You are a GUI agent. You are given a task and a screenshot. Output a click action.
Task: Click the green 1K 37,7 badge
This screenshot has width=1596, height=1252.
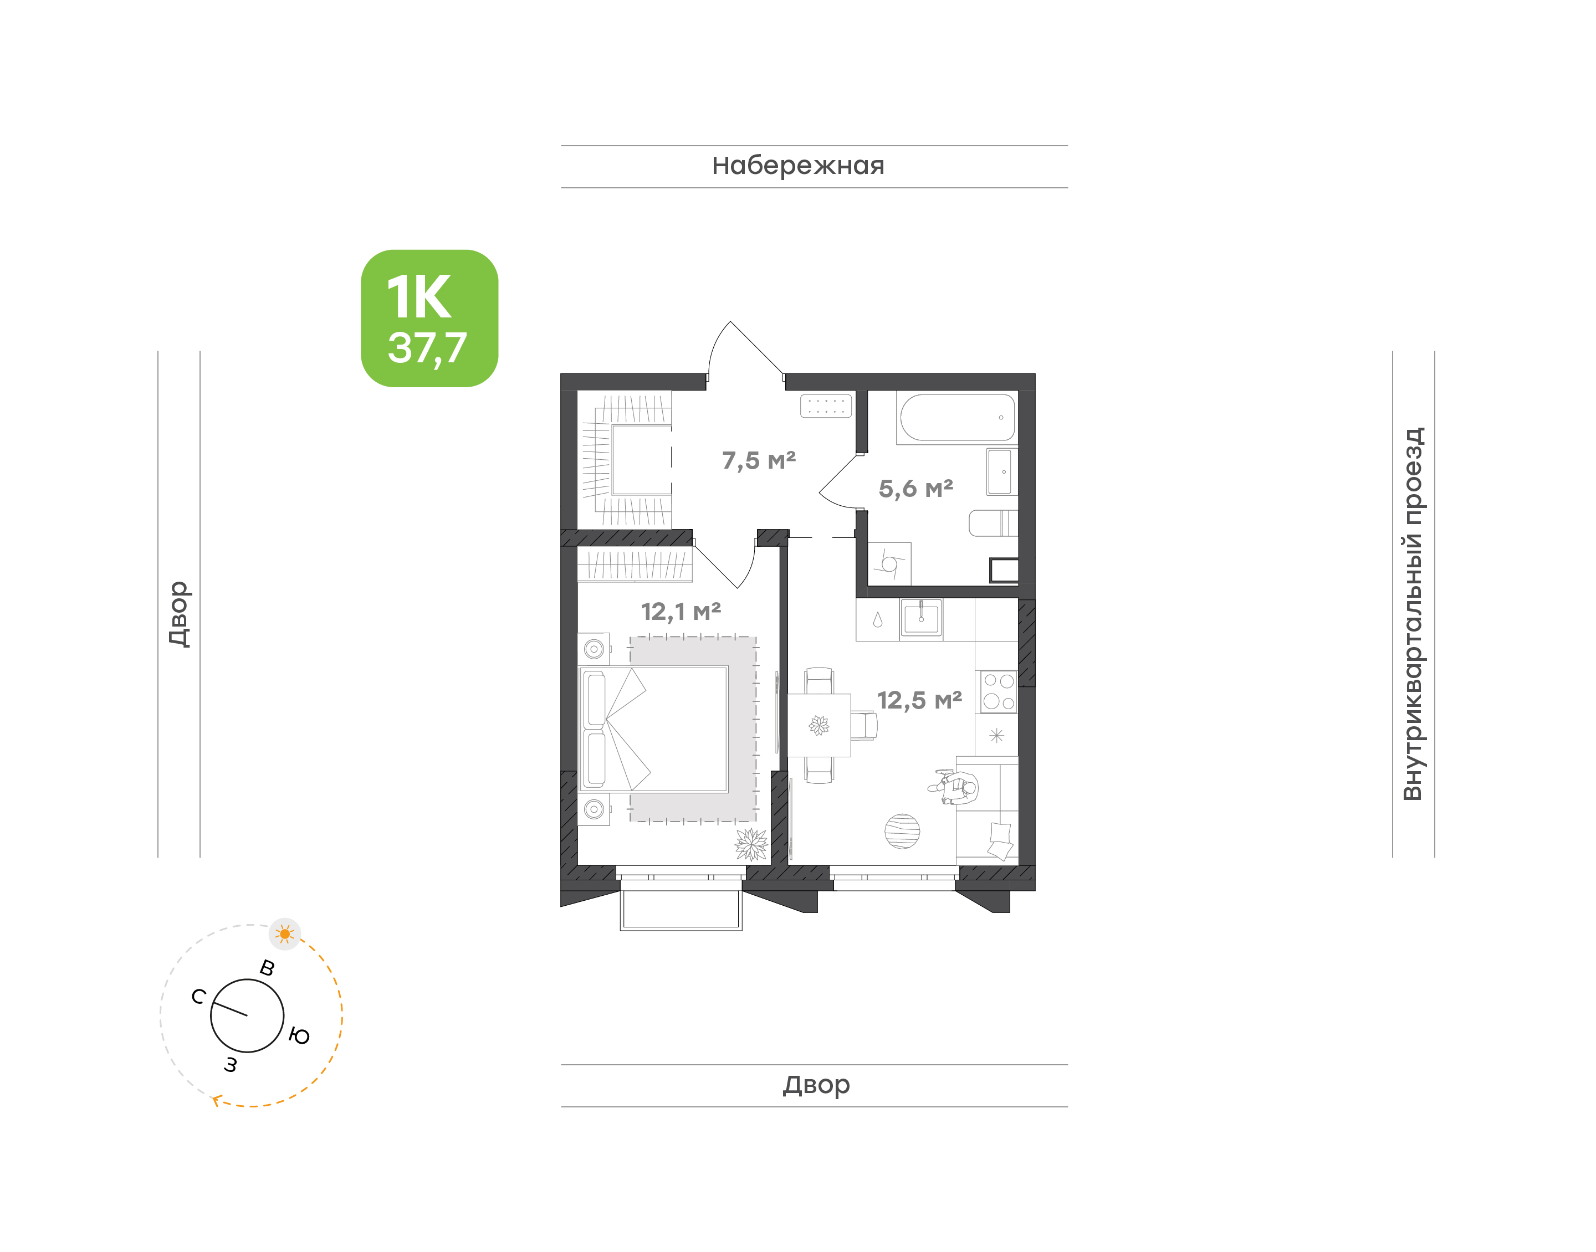coord(429,318)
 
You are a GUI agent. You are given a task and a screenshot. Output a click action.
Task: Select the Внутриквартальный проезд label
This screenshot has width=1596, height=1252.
coord(1412,614)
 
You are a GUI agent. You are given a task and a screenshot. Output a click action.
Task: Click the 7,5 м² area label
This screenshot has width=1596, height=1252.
coord(759,460)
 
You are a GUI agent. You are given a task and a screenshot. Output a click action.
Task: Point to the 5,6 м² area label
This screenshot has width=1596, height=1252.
coord(915,488)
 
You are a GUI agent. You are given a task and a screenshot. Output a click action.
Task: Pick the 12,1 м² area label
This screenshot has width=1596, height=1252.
coord(681,612)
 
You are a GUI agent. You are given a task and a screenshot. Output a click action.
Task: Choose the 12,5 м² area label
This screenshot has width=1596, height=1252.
coord(919,700)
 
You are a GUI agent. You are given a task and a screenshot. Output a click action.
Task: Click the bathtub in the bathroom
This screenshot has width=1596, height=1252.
coord(958,418)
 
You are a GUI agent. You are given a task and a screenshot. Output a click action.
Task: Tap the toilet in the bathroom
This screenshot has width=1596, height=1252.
coord(994,524)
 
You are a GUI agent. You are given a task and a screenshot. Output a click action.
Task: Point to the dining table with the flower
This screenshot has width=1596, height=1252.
coord(819,725)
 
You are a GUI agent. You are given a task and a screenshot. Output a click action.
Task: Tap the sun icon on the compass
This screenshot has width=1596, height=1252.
coord(285,934)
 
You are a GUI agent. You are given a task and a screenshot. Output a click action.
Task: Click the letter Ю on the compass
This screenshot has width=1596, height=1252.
coord(299,1036)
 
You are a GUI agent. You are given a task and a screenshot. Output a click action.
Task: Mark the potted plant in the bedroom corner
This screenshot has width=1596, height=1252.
coord(751,844)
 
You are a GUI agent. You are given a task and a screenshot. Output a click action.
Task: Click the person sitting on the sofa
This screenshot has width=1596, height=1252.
coord(954,787)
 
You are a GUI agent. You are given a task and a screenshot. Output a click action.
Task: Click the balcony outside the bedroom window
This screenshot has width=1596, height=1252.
coord(681,907)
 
